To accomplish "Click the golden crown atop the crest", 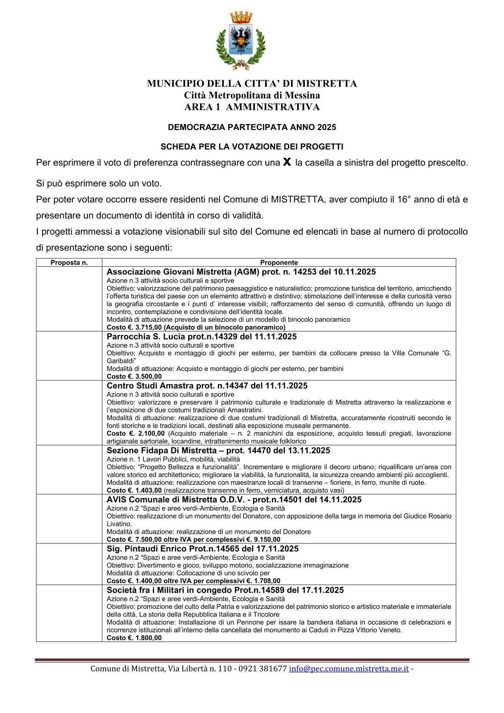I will [x=241, y=17].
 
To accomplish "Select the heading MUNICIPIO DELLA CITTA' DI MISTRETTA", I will [x=252, y=84].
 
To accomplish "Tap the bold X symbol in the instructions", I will [x=287, y=162].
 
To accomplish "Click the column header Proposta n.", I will [x=69, y=263].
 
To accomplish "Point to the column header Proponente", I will [x=279, y=263].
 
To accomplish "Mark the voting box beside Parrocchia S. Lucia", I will [x=69, y=356].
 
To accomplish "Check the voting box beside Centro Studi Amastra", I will [x=69, y=413].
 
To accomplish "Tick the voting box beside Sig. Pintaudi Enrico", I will [x=69, y=564].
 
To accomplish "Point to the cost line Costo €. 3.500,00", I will [x=134, y=377].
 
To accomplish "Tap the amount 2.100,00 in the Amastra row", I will [x=151, y=434].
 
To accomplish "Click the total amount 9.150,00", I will [x=267, y=540].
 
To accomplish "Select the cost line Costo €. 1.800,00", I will [x=134, y=638].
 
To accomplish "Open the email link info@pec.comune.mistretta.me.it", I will [x=349, y=669].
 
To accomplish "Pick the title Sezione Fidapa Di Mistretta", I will [x=162, y=451].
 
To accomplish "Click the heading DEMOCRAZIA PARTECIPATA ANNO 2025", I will [x=252, y=127].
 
